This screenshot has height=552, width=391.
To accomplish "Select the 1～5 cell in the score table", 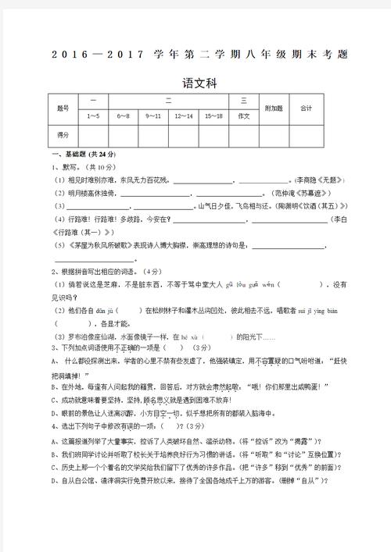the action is click(x=93, y=116).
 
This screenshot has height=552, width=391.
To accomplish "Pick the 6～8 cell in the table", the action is click(x=124, y=116).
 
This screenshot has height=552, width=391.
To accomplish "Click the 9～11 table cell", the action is click(x=153, y=116).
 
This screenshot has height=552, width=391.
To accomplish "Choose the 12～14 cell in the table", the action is click(x=184, y=116).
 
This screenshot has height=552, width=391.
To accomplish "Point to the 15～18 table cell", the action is click(x=213, y=116).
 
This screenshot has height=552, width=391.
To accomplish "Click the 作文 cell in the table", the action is click(x=243, y=116).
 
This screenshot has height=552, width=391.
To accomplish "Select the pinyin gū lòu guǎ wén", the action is click(x=246, y=284).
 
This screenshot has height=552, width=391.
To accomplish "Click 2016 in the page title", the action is click(x=73, y=54).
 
